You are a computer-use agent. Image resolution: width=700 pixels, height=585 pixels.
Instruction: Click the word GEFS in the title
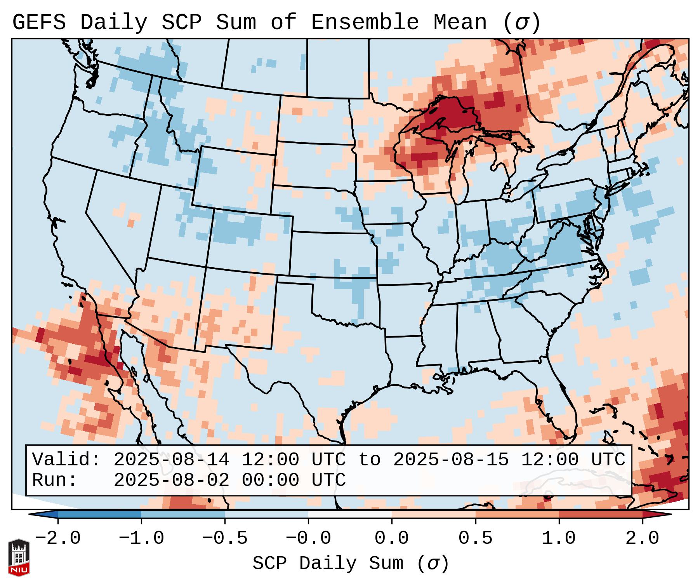[x=39, y=23]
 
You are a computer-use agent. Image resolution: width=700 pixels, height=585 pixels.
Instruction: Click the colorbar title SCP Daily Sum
[x=328, y=564]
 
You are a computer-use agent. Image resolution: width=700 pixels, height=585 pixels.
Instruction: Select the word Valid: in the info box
[x=66, y=460]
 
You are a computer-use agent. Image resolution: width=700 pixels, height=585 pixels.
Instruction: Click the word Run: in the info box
[x=55, y=481]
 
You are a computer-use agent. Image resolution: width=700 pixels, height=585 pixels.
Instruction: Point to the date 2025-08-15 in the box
[x=451, y=460]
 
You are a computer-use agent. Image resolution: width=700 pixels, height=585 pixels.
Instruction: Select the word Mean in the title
[x=460, y=23]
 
